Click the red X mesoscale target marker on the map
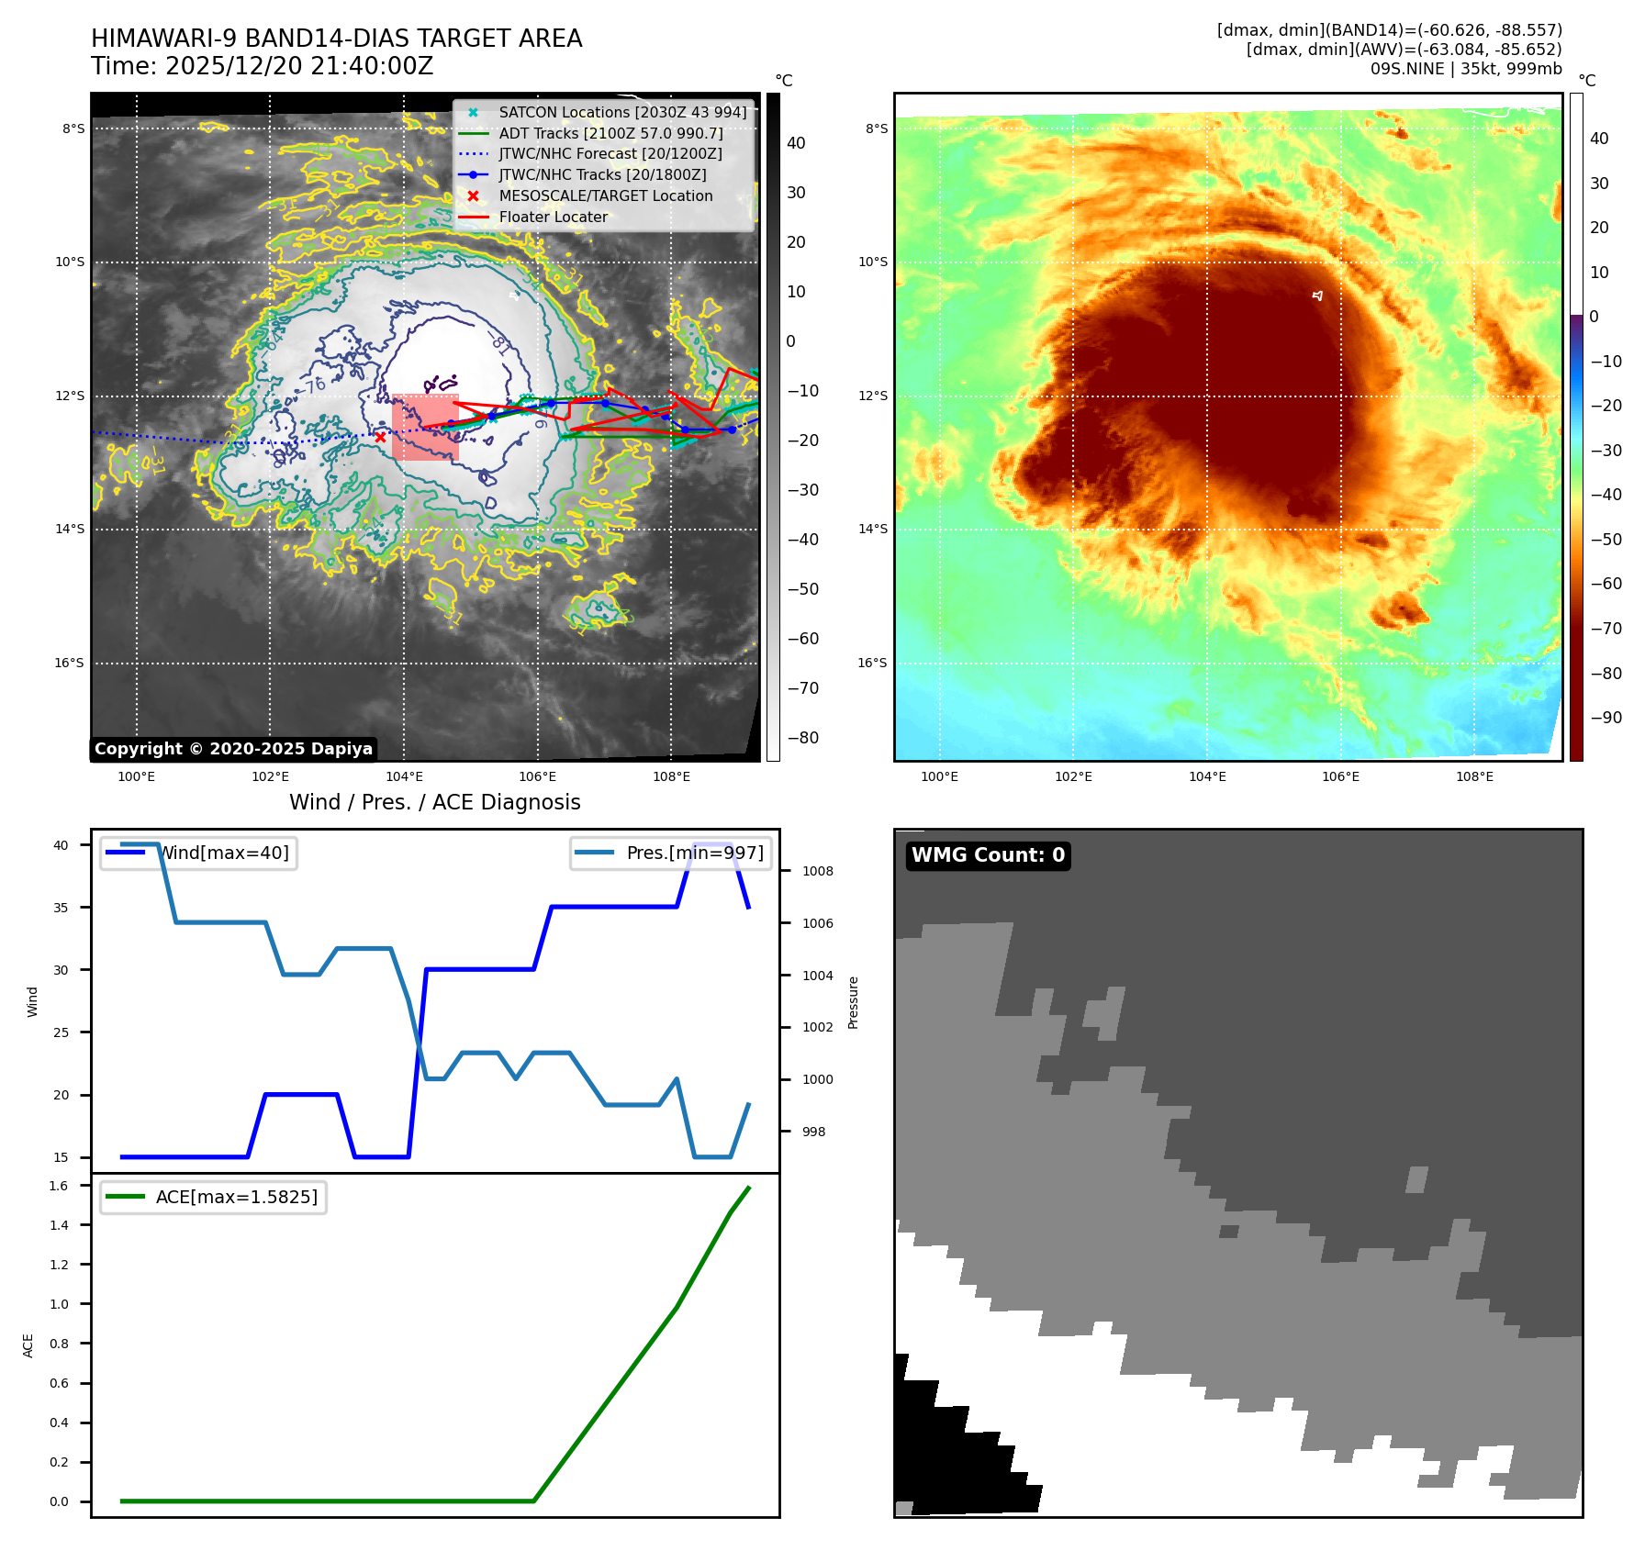380,437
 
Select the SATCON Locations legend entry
621,113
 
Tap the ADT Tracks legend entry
610,134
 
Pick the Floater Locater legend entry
553,218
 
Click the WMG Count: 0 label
988,855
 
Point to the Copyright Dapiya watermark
233,749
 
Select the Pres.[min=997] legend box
670,854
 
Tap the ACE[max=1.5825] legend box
214,1198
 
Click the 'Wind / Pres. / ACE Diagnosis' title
434,803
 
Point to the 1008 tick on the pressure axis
817,872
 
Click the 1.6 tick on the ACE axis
59,1186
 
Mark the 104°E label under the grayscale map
404,777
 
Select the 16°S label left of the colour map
872,663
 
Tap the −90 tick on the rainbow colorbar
1606,718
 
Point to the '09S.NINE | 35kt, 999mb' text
1465,69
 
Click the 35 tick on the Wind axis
61,908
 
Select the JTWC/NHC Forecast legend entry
610,154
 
